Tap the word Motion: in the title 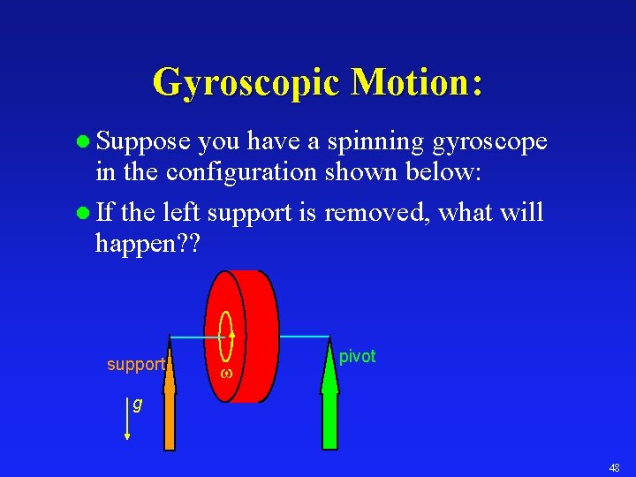pyautogui.click(x=416, y=83)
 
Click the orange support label pyautogui.click(x=135, y=365)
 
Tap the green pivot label pyautogui.click(x=358, y=357)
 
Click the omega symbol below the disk pyautogui.click(x=225, y=374)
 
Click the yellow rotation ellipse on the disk pyautogui.click(x=226, y=336)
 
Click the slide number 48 pyautogui.click(x=613, y=466)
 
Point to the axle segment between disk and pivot pyautogui.click(x=304, y=337)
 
